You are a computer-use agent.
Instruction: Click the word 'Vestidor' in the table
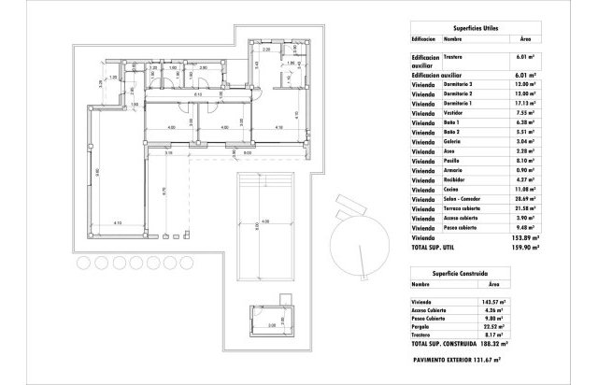456,114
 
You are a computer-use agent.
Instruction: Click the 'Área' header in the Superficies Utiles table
526,39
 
